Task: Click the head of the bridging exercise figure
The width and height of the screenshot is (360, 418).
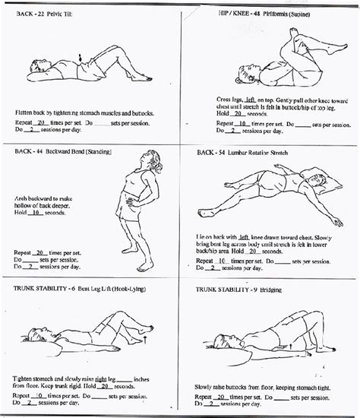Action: [218, 341]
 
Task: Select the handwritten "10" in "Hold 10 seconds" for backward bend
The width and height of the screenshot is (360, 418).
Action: [35, 214]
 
